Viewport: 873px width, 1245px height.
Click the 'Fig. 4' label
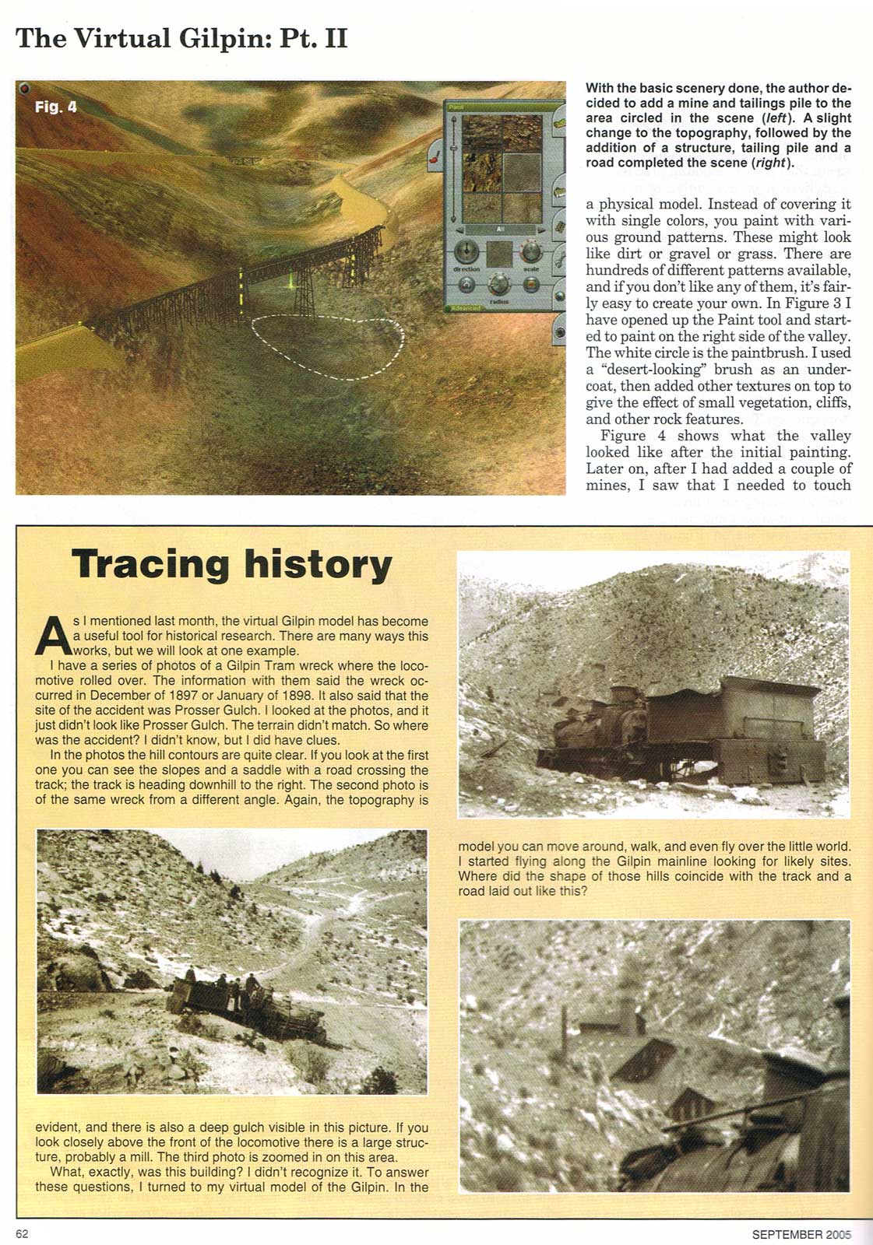[56, 107]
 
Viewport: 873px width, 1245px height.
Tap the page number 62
[22, 1233]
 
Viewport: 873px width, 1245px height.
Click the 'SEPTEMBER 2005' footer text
[801, 1233]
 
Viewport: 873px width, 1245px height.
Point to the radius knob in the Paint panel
[499, 285]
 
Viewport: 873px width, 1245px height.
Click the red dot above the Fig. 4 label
[25, 87]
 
